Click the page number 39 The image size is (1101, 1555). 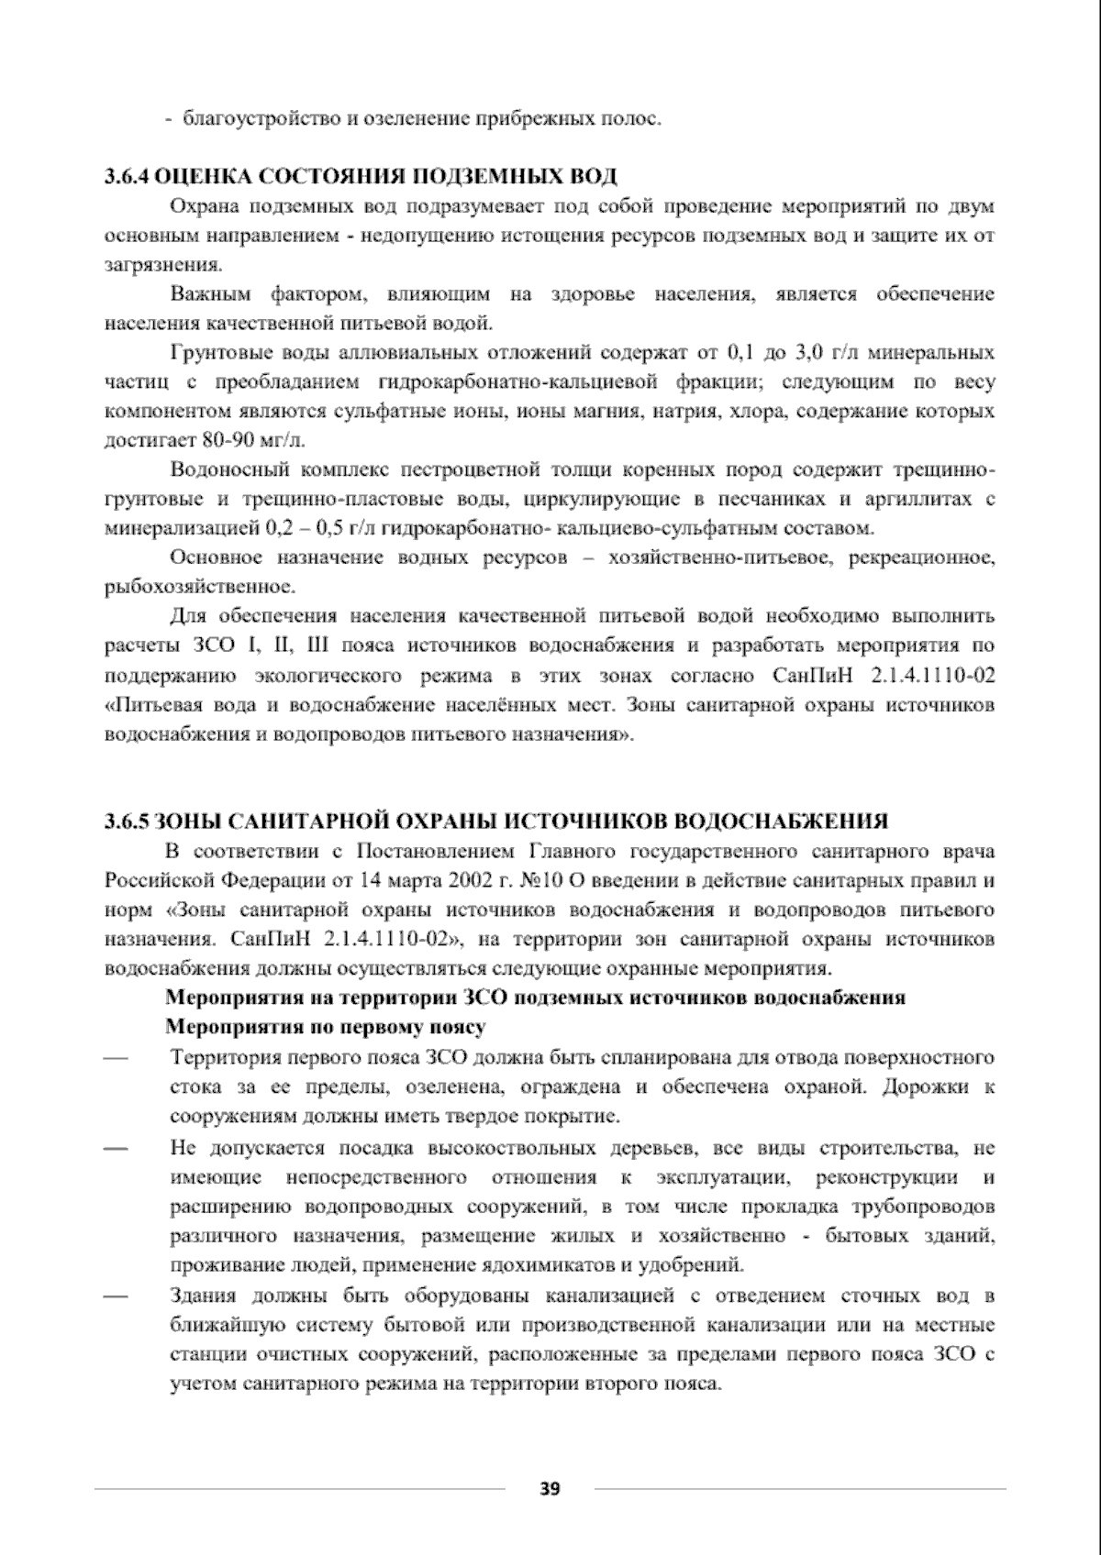pos(550,1488)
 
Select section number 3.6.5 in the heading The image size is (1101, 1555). pos(126,820)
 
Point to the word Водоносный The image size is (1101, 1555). pos(224,470)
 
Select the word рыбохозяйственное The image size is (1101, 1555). pos(200,587)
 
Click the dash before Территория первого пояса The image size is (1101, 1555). pos(116,1057)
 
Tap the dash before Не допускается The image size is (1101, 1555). pos(116,1148)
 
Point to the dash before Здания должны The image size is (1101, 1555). pos(116,1296)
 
